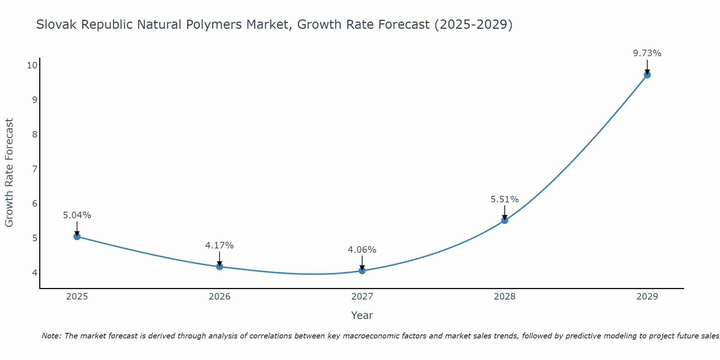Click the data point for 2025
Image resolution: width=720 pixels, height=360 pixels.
coord(77,237)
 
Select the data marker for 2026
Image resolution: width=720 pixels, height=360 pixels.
coord(220,267)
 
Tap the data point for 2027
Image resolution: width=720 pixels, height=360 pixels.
coord(362,271)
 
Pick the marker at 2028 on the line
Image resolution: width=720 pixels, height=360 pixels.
coord(505,220)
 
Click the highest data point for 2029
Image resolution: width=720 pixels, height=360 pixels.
coord(647,75)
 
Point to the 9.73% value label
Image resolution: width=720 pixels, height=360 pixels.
coord(647,53)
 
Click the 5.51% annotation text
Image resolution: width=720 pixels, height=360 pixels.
coord(505,199)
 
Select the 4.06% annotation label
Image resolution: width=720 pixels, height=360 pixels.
coord(362,250)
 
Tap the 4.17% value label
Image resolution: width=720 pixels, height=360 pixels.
coord(220,246)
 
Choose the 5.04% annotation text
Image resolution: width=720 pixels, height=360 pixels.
coord(77,215)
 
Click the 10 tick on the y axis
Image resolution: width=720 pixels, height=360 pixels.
coord(32,65)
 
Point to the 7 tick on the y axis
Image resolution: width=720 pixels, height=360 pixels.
coord(35,169)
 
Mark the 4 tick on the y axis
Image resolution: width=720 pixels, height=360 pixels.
coord(35,273)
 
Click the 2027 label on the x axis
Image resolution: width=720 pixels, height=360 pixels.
coord(362,297)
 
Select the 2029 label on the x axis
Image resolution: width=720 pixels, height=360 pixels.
coord(647,297)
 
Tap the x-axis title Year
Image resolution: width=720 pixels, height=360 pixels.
coord(362,315)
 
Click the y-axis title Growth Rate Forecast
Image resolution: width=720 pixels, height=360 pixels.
coord(9,173)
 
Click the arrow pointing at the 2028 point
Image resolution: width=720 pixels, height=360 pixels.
coord(505,212)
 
